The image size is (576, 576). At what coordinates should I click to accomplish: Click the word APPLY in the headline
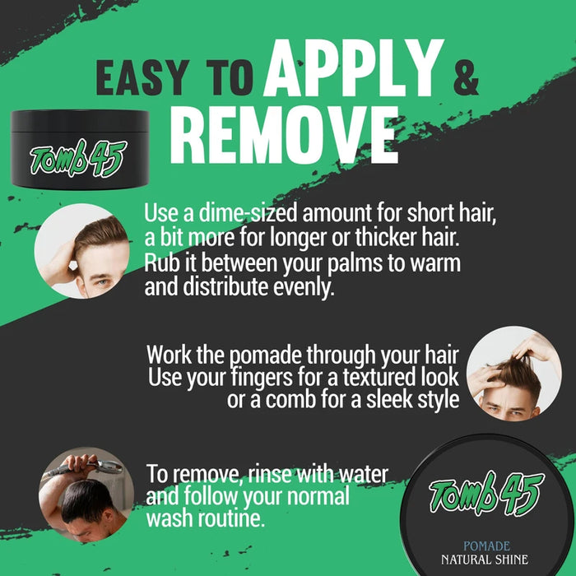353,67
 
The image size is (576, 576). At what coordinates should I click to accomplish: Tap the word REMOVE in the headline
284,134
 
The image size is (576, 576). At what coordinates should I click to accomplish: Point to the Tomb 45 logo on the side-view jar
78,158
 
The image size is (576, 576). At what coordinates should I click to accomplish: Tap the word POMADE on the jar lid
486,546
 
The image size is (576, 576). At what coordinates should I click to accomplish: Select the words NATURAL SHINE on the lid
485,560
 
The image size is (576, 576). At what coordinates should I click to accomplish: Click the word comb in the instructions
290,399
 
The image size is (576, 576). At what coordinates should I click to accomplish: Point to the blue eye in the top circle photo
103,283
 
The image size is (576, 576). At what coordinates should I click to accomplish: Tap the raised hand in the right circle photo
535,348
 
